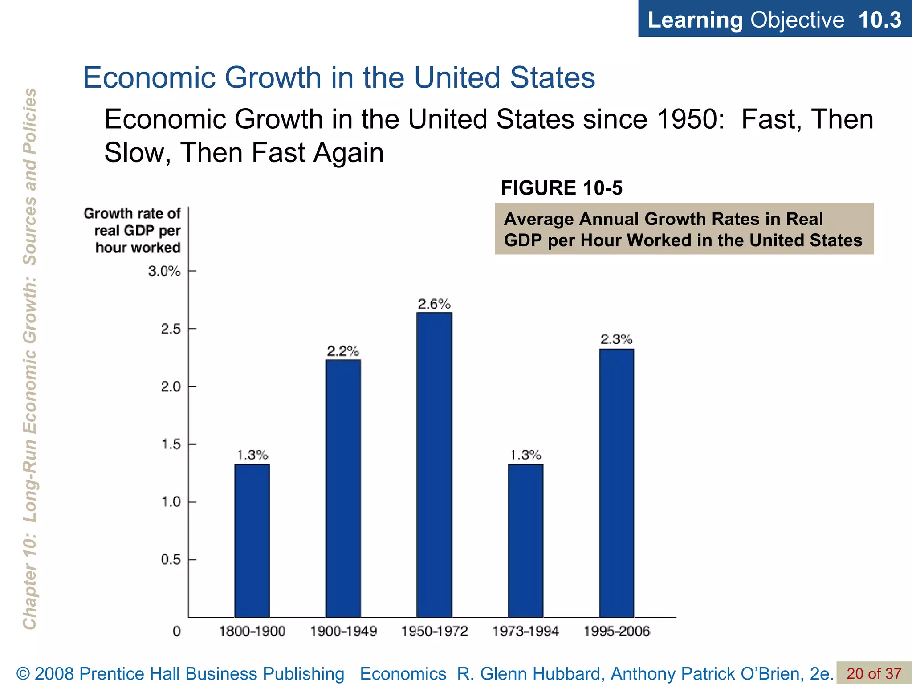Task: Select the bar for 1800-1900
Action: pos(252,541)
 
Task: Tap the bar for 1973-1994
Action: pos(525,541)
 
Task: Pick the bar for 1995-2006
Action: pos(617,483)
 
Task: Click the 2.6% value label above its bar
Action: pos(434,304)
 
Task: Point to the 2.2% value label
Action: pos(343,351)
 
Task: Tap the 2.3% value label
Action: pos(617,340)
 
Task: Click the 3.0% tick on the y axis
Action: pos(164,271)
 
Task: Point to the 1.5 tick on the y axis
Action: pos(171,444)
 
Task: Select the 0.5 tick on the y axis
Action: pos(171,560)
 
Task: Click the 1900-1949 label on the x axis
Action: pos(343,631)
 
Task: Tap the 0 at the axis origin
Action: pos(177,631)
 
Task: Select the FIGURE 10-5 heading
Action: pos(561,188)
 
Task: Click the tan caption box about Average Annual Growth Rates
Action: pos(684,229)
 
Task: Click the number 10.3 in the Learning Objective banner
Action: pos(879,20)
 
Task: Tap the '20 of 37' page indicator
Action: pos(874,673)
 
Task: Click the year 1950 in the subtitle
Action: pos(690,119)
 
